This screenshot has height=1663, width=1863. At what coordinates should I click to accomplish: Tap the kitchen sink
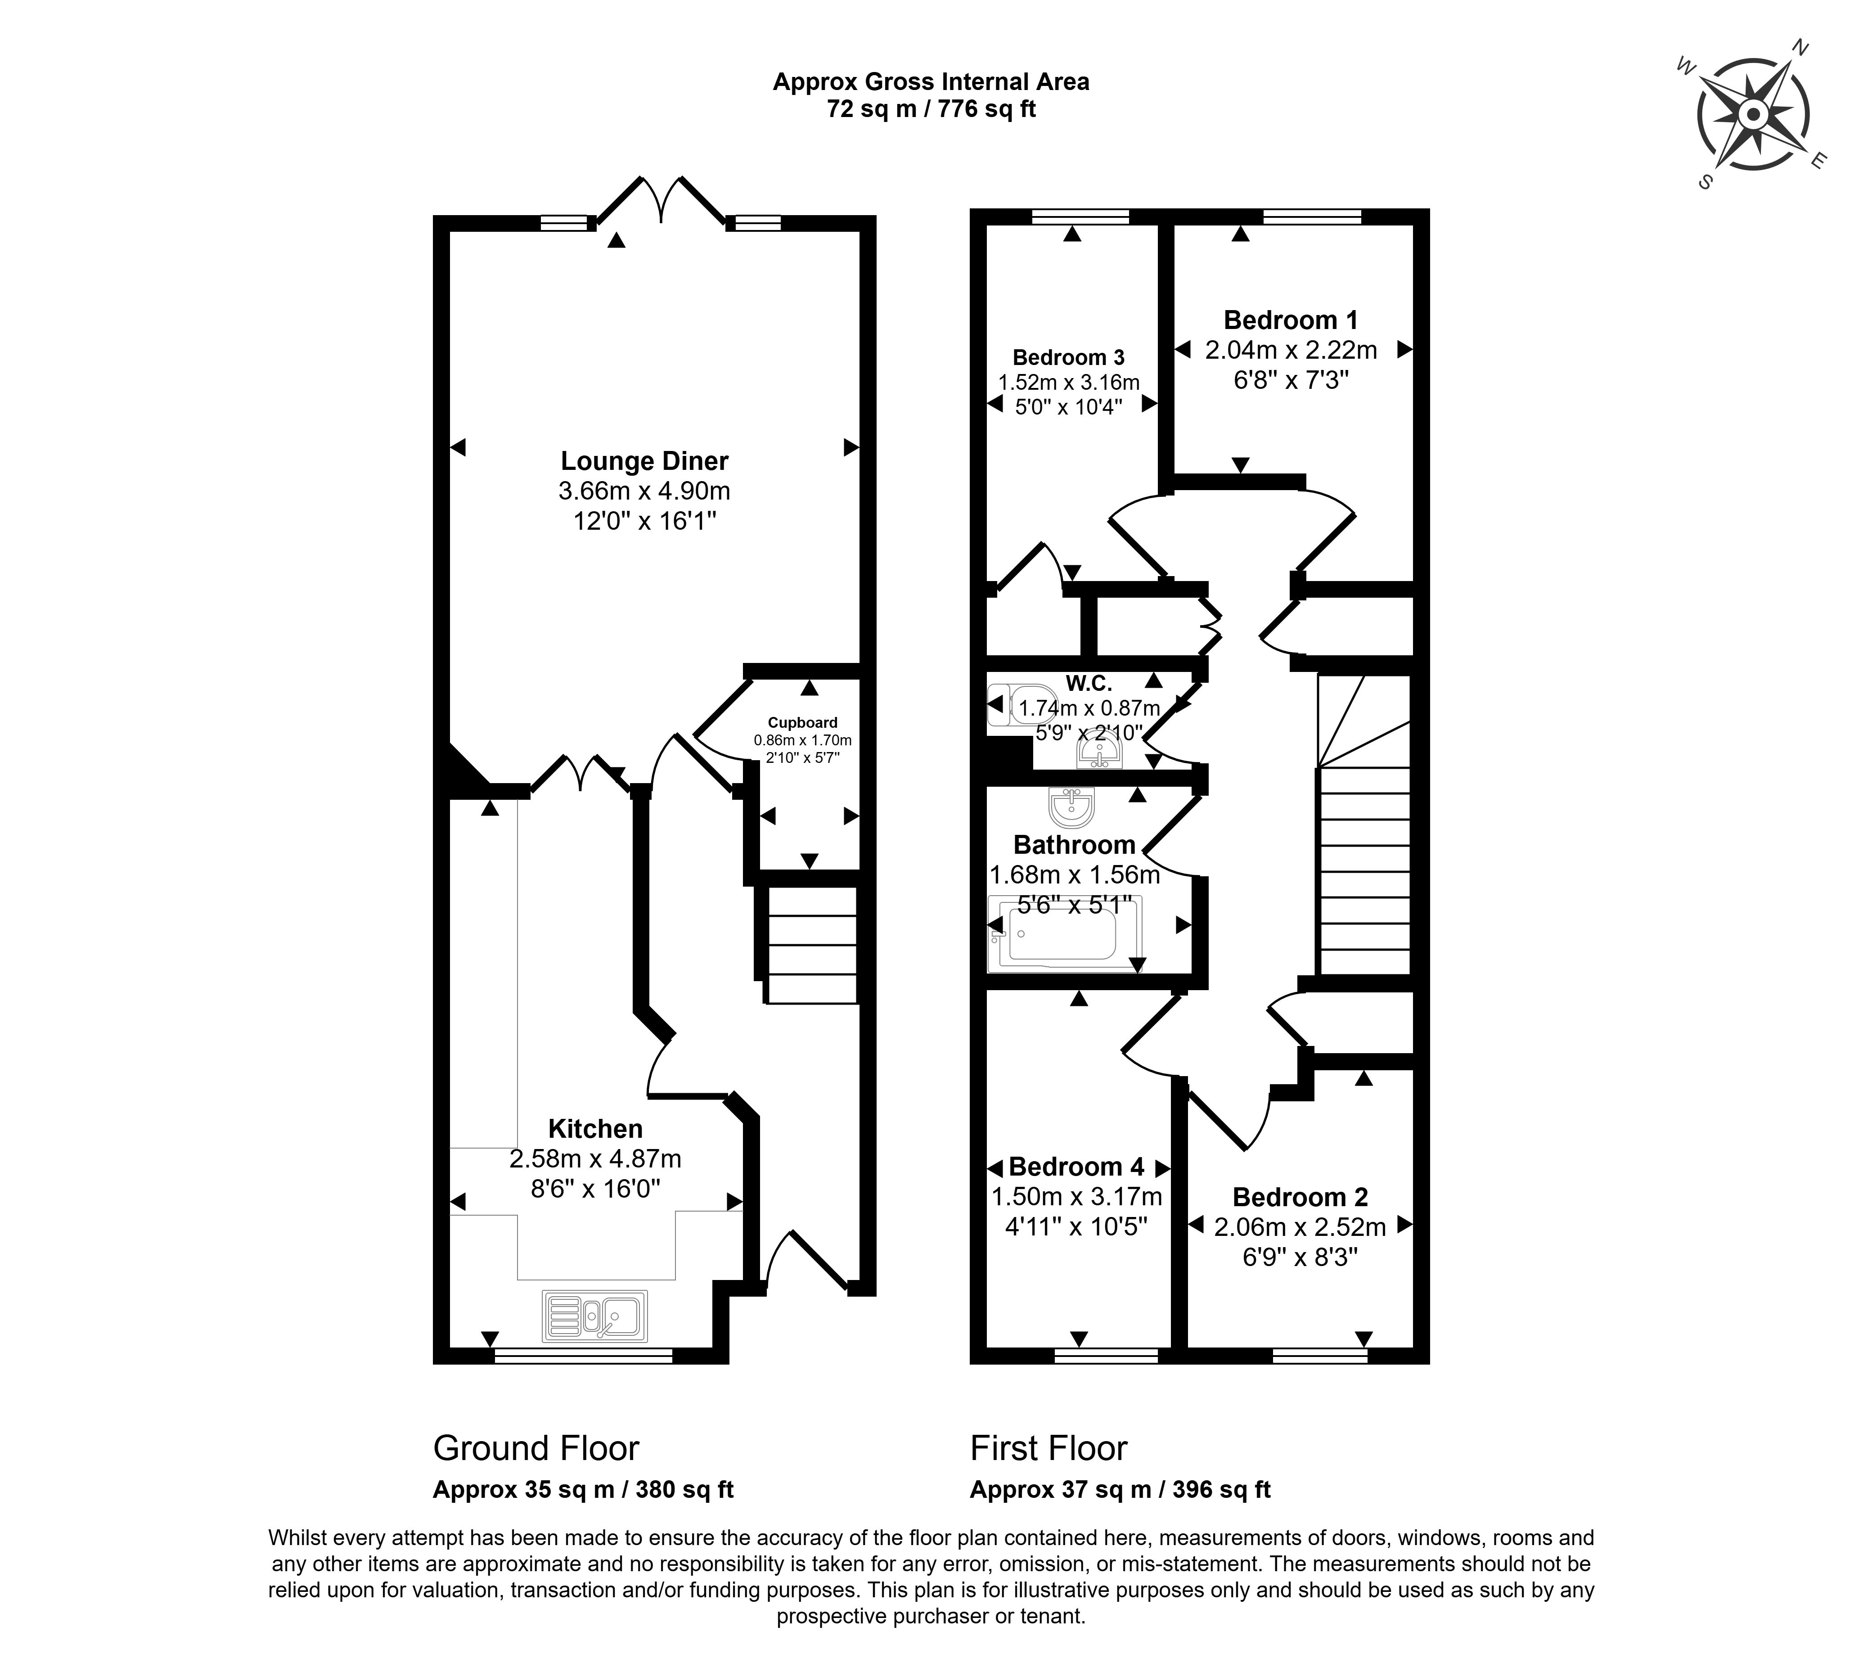click(594, 1316)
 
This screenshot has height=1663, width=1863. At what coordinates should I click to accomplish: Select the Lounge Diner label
click(644, 461)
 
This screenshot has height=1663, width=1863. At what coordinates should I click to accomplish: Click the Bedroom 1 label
click(1290, 321)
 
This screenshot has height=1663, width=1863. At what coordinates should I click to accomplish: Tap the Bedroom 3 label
click(1068, 357)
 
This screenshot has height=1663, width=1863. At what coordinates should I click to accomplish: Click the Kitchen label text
click(595, 1128)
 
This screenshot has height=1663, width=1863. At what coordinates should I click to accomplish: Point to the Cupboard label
click(802, 723)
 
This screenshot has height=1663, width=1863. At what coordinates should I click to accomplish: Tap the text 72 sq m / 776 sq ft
click(931, 110)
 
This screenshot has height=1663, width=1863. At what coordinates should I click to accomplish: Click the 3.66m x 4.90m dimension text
click(644, 491)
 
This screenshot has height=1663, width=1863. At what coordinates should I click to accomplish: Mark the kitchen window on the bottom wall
click(583, 1358)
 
